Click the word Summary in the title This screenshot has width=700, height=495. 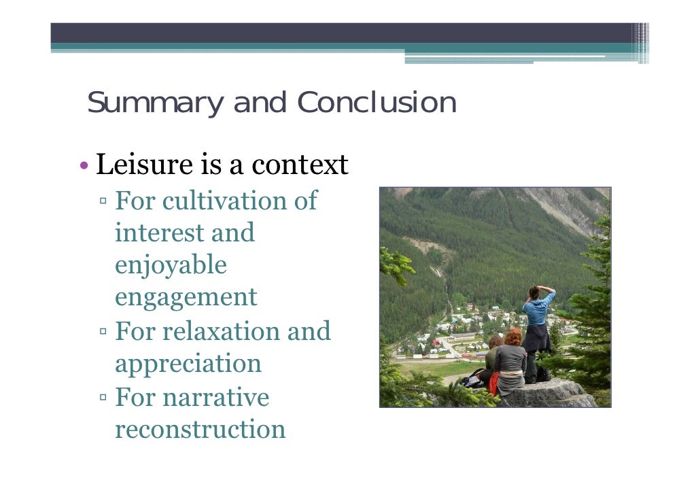[x=154, y=103]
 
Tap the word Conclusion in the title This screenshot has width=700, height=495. [x=377, y=103]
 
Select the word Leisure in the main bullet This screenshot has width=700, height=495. [x=143, y=165]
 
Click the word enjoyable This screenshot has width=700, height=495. [x=171, y=265]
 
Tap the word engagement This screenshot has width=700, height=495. [x=186, y=298]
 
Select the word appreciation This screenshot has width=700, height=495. [x=188, y=363]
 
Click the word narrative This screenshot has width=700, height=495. [x=211, y=396]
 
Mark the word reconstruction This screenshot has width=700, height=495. [x=200, y=429]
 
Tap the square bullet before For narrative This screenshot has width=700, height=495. [x=103, y=398]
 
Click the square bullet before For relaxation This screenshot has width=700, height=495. [x=103, y=332]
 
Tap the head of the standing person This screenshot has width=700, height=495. [x=534, y=292]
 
